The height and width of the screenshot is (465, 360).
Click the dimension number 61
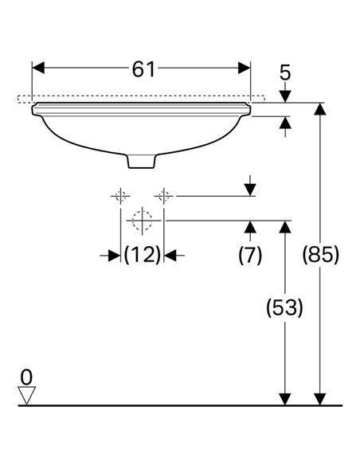click(x=143, y=70)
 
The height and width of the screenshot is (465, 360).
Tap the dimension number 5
click(x=285, y=72)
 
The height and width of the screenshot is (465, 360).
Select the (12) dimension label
click(x=143, y=255)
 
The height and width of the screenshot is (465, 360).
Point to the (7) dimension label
click(x=250, y=255)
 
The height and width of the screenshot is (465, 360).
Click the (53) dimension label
click(x=284, y=307)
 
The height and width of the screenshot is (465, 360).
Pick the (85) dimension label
click(x=320, y=255)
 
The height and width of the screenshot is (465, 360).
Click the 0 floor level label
click(x=26, y=377)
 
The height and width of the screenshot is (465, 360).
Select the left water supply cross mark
click(x=120, y=196)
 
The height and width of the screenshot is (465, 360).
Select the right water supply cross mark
click(x=164, y=196)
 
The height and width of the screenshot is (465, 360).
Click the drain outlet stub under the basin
click(x=142, y=162)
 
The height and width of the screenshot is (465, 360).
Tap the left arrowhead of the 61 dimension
click(x=38, y=68)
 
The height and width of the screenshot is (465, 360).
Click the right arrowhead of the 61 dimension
click(x=244, y=68)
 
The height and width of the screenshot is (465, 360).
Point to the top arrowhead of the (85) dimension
click(x=320, y=109)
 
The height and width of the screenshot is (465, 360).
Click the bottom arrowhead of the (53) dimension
click(x=285, y=399)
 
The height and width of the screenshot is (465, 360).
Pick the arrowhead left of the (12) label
click(x=115, y=256)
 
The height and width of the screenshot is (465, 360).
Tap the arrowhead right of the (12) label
click(x=170, y=256)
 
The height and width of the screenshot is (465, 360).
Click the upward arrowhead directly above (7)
click(x=251, y=227)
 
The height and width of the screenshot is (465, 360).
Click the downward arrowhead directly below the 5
click(x=285, y=96)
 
